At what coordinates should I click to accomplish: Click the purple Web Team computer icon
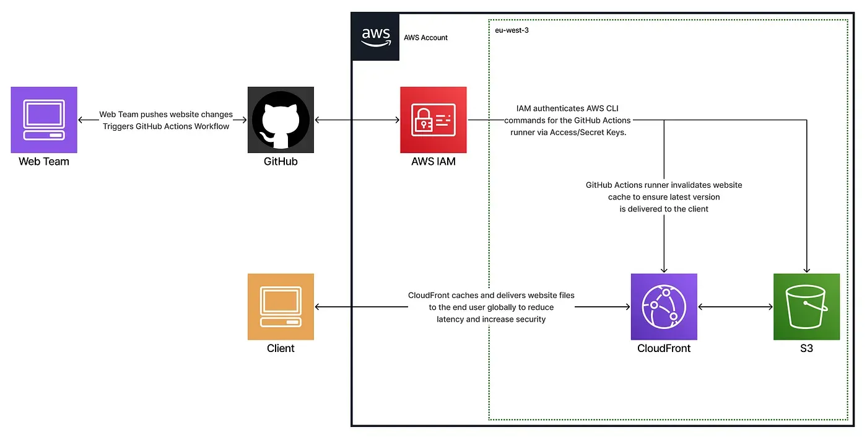pyautogui.click(x=44, y=120)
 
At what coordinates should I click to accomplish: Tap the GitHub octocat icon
pyautogui.click(x=281, y=120)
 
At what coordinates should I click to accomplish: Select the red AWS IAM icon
pyautogui.click(x=433, y=120)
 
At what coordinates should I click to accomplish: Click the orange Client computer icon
pyautogui.click(x=281, y=307)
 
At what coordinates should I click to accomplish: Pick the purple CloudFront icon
pyautogui.click(x=664, y=307)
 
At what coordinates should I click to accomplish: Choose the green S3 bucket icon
pyautogui.click(x=806, y=307)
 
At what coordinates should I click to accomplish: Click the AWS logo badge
pyautogui.click(x=375, y=37)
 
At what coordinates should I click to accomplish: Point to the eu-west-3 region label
pyautogui.click(x=507, y=30)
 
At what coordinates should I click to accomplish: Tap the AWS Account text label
pyautogui.click(x=425, y=38)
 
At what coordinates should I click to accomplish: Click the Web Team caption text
pyautogui.click(x=44, y=162)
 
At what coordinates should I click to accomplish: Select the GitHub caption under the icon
pyautogui.click(x=281, y=162)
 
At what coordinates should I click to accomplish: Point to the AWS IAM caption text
pyautogui.click(x=433, y=162)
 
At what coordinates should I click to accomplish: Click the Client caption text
pyautogui.click(x=281, y=348)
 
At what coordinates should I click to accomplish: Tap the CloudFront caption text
pyautogui.click(x=664, y=348)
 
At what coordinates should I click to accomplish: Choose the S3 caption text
pyautogui.click(x=806, y=348)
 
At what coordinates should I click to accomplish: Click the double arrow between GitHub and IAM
pyautogui.click(x=357, y=120)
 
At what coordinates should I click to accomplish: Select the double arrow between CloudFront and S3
pyautogui.click(x=735, y=307)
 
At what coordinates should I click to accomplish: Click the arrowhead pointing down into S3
pyautogui.click(x=806, y=270)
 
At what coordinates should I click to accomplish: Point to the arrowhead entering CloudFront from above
pyautogui.click(x=664, y=270)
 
